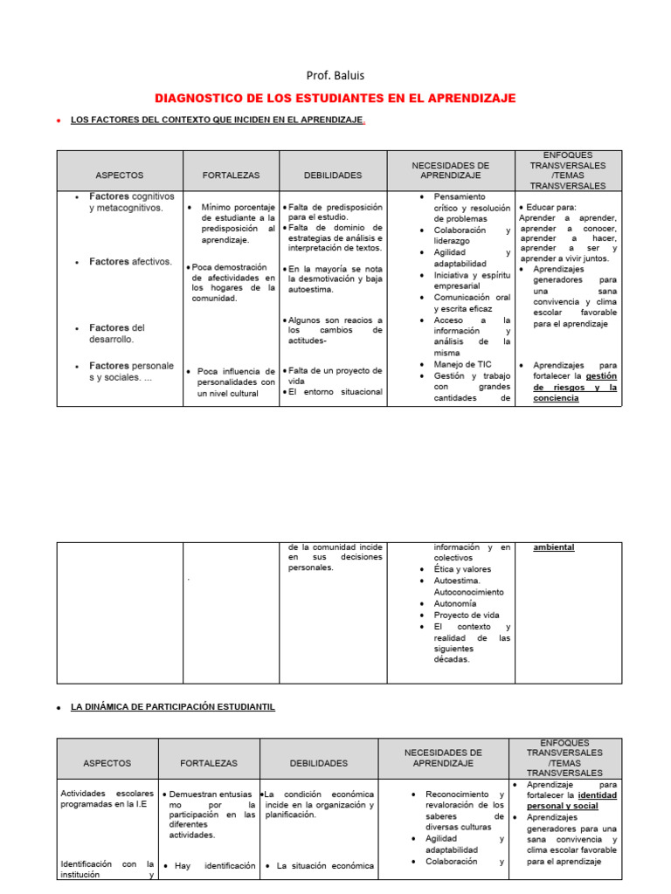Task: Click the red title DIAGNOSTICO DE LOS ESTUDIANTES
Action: coord(335,98)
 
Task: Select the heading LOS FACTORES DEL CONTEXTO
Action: coord(218,120)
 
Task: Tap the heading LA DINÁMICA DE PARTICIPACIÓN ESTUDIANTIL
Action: coord(172,706)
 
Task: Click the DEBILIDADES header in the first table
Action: coord(332,175)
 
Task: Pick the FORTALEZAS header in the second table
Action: coord(208,763)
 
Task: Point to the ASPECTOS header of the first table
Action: coord(119,175)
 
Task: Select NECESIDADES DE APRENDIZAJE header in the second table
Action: coord(443,758)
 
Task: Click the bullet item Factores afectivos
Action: coord(130,261)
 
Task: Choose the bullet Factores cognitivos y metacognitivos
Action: coord(131,202)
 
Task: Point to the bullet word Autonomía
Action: coord(455,602)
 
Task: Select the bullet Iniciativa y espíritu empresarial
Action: coord(471,279)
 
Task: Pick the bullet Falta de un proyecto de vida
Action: coord(335,375)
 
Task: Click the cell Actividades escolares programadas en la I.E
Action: coord(107,799)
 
